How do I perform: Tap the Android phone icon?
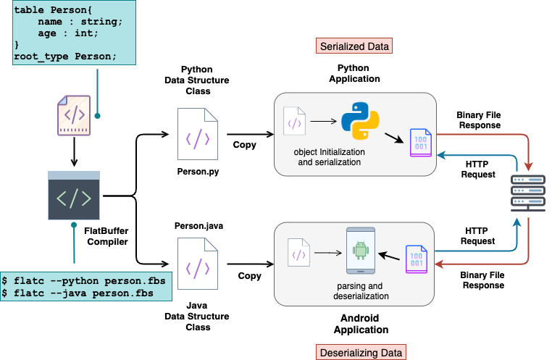tap(360, 251)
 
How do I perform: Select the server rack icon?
tap(527, 191)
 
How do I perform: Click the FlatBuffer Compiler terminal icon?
tap(73, 196)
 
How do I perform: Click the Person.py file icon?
tap(197, 133)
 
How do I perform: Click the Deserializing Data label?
tap(361, 353)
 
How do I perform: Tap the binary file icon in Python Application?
tap(420, 141)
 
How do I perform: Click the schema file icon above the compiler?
tap(74, 116)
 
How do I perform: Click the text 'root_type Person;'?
tap(65, 57)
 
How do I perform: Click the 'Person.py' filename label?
tap(197, 173)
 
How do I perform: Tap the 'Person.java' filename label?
tap(198, 226)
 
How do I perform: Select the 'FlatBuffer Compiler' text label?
tap(106, 235)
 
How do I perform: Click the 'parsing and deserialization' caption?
tap(354, 290)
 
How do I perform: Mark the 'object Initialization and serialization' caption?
tap(330, 158)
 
